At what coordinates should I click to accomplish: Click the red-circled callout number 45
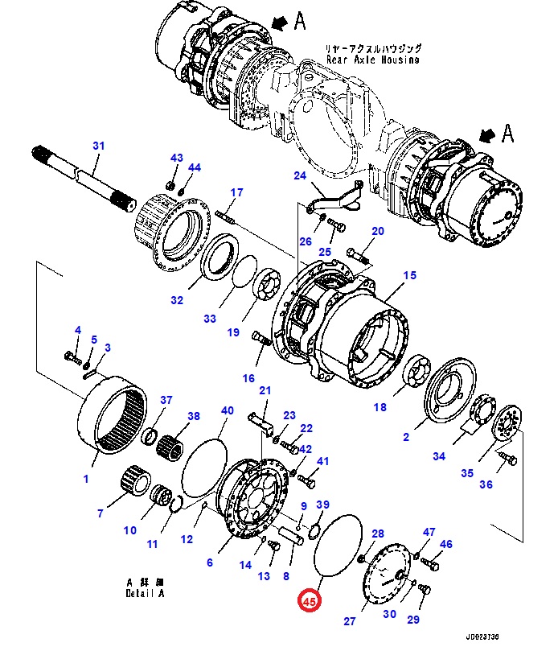[x=310, y=600]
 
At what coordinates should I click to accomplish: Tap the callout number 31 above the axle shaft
[x=98, y=146]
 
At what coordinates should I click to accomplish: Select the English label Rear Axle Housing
[x=372, y=60]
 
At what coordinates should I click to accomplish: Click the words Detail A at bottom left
[x=144, y=593]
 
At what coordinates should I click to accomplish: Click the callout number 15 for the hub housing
[x=409, y=275]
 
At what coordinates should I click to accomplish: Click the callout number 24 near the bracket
[x=300, y=176]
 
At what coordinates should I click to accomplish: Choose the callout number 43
[x=176, y=158]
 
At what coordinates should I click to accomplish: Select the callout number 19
[x=233, y=332]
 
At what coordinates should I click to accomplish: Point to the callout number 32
[x=177, y=301]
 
